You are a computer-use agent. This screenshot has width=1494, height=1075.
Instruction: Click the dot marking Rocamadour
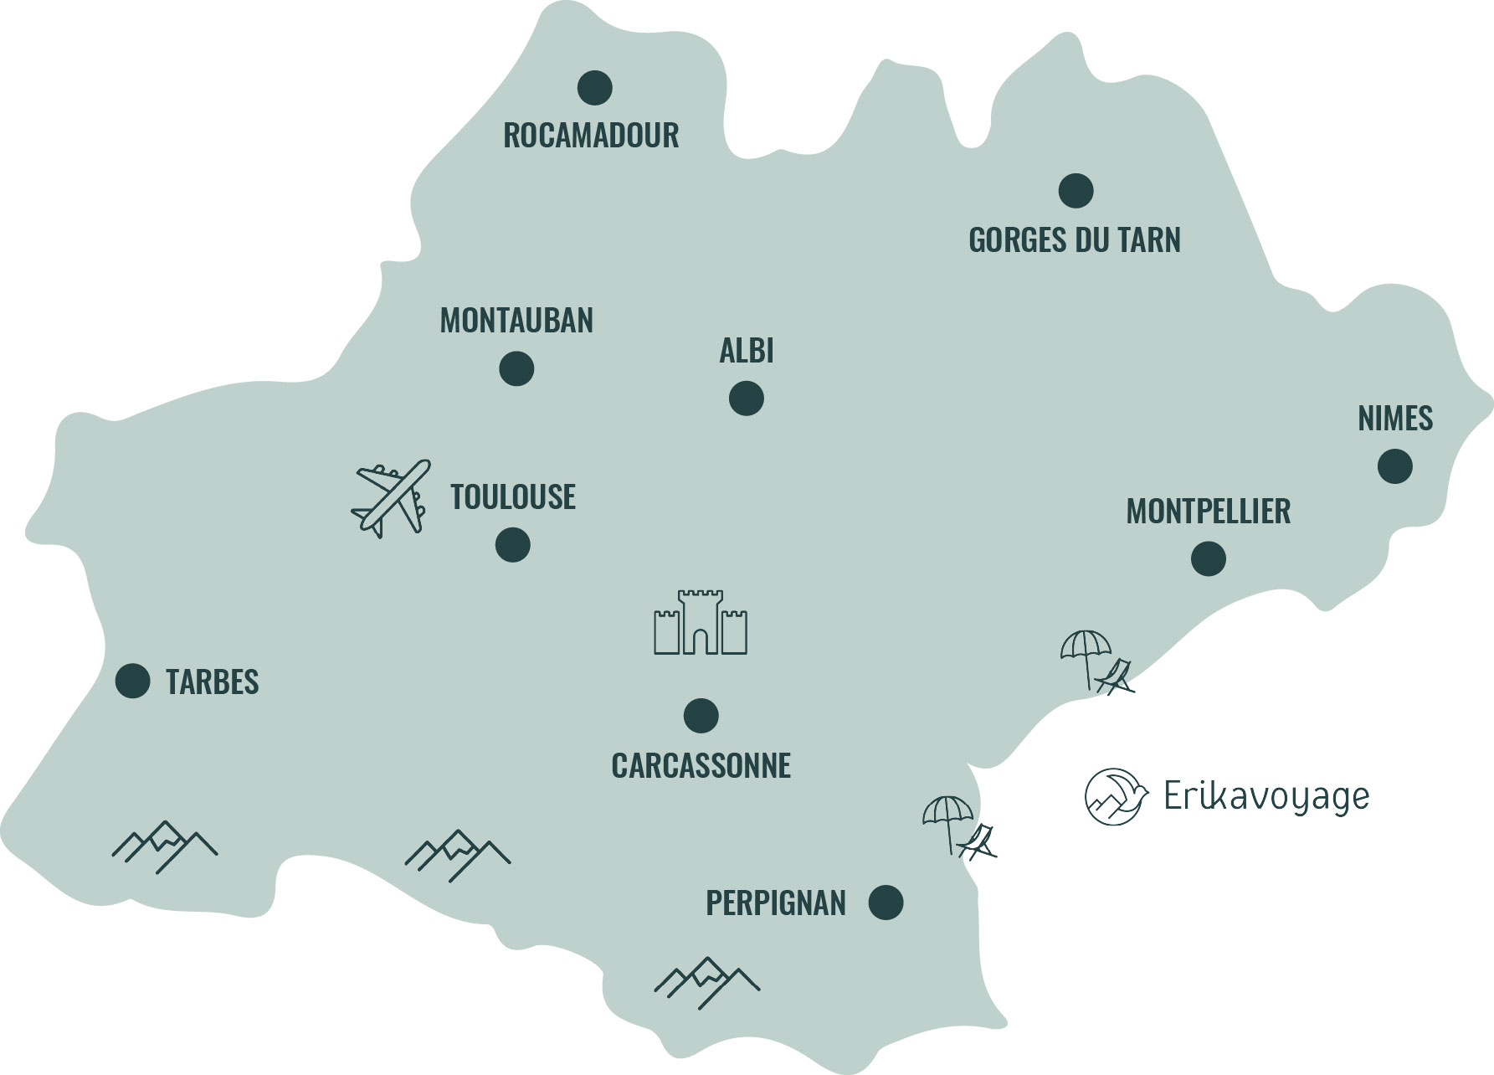tap(595, 87)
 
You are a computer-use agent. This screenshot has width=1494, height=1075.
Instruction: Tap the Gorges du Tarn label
tap(1075, 240)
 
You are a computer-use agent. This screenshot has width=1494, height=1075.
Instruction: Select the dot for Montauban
tap(516, 368)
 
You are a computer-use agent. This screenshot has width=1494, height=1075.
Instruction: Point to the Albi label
tap(747, 351)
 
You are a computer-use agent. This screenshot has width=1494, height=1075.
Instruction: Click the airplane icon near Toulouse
tap(390, 497)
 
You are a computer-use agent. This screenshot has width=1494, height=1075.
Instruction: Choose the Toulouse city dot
tap(513, 545)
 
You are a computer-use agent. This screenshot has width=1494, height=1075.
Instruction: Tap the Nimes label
tap(1395, 419)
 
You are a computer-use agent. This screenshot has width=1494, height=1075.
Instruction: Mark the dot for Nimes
tap(1395, 466)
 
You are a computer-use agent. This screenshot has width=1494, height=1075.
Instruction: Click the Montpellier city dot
tap(1209, 558)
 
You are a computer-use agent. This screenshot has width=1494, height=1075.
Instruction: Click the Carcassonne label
tap(701, 766)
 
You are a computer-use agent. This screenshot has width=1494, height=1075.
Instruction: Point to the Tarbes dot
tap(133, 682)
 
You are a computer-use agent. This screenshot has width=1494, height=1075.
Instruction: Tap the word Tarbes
tap(213, 682)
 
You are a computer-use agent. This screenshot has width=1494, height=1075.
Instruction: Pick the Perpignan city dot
tap(886, 903)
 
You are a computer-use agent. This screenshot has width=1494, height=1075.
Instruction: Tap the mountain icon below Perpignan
tap(707, 981)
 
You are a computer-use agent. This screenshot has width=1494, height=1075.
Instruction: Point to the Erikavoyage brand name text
tap(1266, 797)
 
